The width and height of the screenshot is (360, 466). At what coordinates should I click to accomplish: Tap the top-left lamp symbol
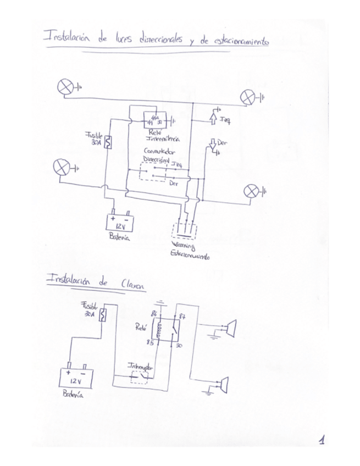66,87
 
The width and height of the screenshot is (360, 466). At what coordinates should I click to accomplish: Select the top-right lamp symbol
248,98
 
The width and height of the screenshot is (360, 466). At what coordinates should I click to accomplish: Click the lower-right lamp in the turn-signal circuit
251,191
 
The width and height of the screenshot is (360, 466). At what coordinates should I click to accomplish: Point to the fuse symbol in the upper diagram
109,141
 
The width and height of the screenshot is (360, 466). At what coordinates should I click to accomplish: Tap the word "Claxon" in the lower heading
132,285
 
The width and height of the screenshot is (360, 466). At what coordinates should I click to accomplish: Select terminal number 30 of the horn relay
179,346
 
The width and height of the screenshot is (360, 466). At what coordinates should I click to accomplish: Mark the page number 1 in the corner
322,440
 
